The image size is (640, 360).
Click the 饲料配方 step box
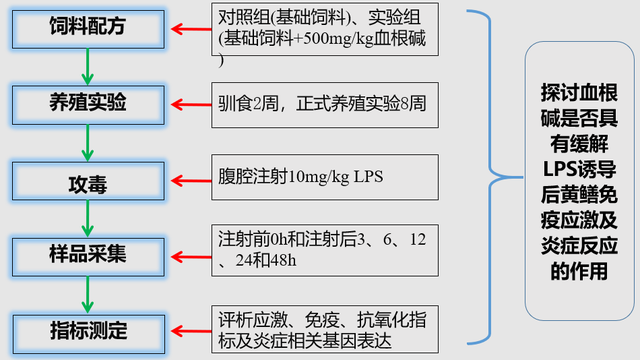89,28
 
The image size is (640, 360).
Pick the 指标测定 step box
89,328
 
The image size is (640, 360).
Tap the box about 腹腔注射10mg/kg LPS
326,179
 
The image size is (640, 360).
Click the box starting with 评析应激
326,328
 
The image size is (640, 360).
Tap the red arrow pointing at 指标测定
190,328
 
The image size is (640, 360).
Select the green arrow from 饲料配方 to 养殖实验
88,66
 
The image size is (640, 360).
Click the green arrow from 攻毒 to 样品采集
88,217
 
